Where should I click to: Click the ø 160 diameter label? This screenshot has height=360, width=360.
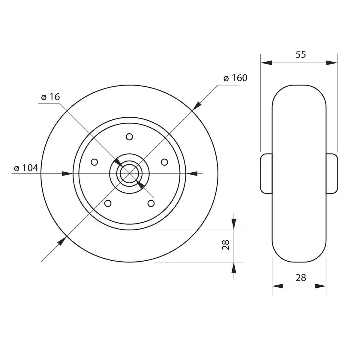[235, 78]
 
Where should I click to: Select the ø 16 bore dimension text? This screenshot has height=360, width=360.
[50, 97]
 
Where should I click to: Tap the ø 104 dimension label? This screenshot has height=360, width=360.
[26, 168]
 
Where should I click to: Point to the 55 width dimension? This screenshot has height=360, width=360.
[301, 54]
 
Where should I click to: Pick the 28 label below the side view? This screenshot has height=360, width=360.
[301, 278]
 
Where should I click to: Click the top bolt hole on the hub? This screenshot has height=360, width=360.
[129, 137]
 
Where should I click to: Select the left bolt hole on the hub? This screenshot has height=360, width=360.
[94, 162]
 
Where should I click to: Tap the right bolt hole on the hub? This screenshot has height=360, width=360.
[164, 162]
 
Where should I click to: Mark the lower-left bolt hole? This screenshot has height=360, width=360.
[108, 203]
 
